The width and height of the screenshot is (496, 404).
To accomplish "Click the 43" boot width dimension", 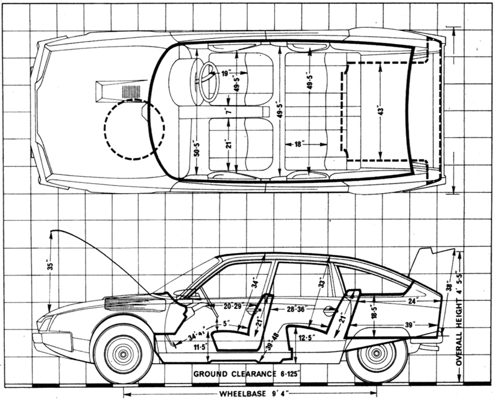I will point(381,112).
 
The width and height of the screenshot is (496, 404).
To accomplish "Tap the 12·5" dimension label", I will point(306,338).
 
